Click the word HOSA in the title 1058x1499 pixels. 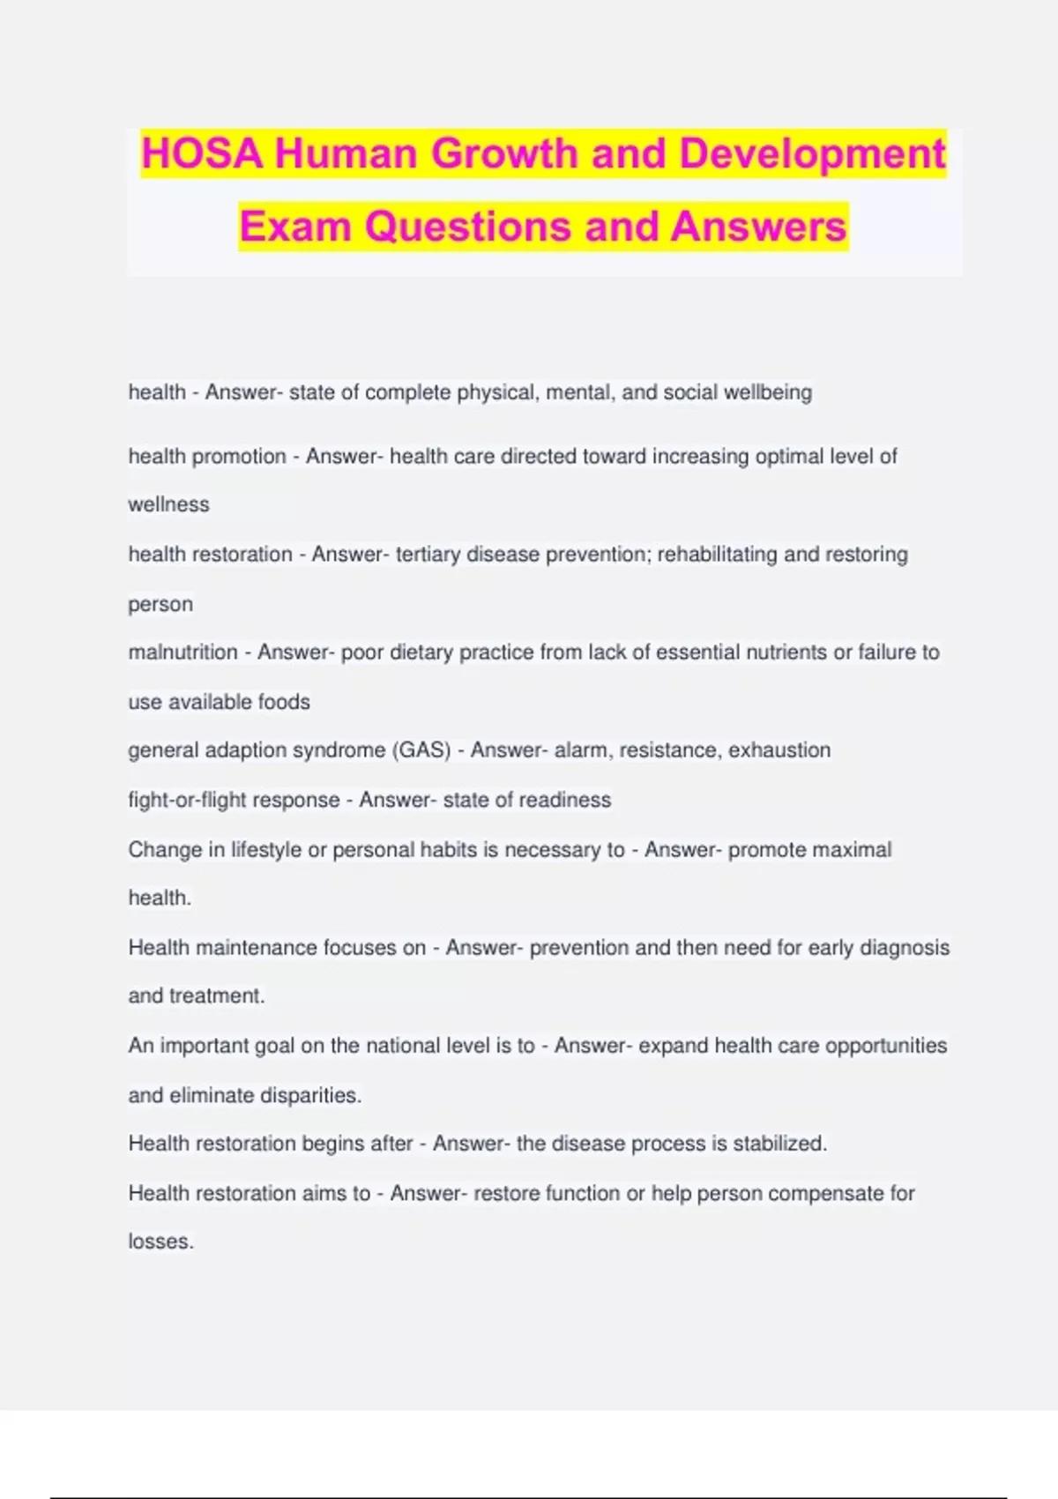[202, 153]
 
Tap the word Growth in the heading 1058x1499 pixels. [503, 153]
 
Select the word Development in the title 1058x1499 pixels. [812, 153]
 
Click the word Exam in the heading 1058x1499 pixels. [295, 227]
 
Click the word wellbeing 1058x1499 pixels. [767, 392]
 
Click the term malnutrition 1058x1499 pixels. [183, 653]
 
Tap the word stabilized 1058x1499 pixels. [779, 1144]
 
